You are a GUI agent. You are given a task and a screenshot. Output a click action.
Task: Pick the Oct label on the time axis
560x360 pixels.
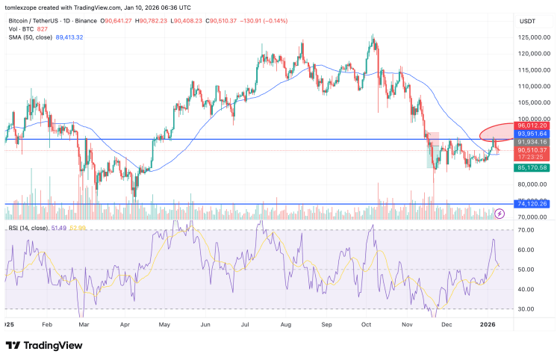367,326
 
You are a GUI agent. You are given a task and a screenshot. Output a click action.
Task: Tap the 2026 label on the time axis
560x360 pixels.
488,326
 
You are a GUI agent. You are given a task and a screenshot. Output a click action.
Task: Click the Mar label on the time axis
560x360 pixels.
84,326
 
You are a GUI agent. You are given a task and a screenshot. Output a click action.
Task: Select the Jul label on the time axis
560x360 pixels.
246,326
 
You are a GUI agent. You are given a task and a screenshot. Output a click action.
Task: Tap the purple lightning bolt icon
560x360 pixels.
500,214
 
